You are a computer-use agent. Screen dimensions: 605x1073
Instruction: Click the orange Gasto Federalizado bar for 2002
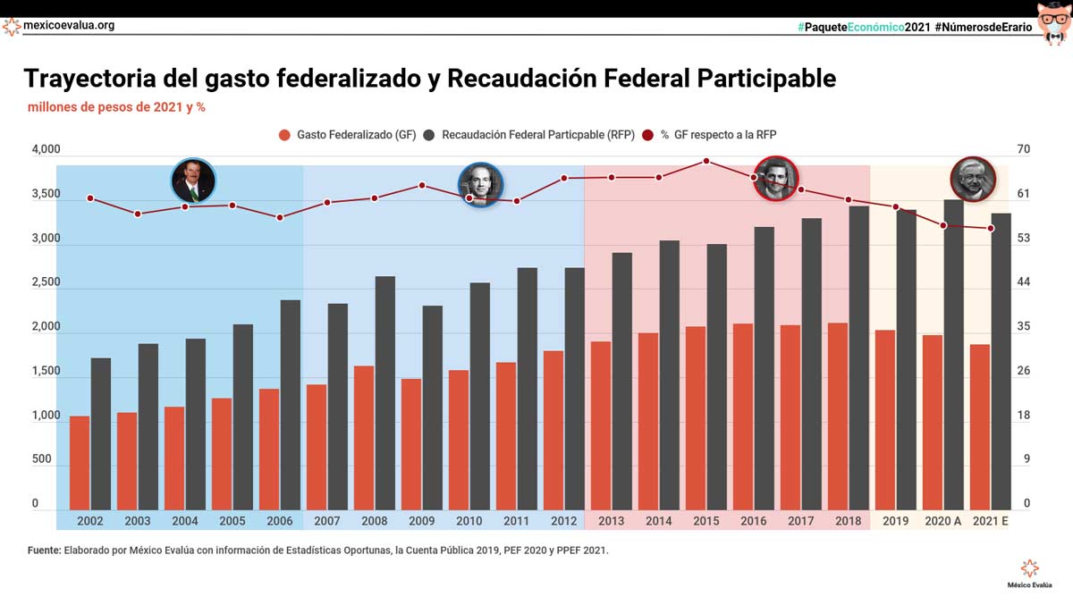click(x=80, y=462)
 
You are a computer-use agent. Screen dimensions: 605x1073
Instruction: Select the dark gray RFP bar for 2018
click(x=858, y=357)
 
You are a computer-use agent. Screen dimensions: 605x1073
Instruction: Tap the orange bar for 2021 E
click(x=980, y=426)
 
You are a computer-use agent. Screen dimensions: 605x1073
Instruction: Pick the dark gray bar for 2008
click(x=385, y=393)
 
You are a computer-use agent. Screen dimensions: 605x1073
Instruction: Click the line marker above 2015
click(x=706, y=161)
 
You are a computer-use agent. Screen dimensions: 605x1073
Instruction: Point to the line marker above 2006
click(x=280, y=217)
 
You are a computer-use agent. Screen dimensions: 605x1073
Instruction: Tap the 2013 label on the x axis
click(x=612, y=521)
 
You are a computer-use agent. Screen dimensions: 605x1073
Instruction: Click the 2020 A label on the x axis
click(x=942, y=521)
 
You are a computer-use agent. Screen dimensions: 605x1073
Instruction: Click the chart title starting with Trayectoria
click(x=429, y=79)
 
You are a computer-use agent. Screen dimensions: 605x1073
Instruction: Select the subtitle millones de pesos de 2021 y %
click(x=117, y=107)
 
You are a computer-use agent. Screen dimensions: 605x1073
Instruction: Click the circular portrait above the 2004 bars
click(x=193, y=181)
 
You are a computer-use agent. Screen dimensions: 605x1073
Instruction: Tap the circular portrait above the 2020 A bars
click(x=972, y=180)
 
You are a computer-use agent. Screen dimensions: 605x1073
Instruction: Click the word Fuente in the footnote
click(x=44, y=550)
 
